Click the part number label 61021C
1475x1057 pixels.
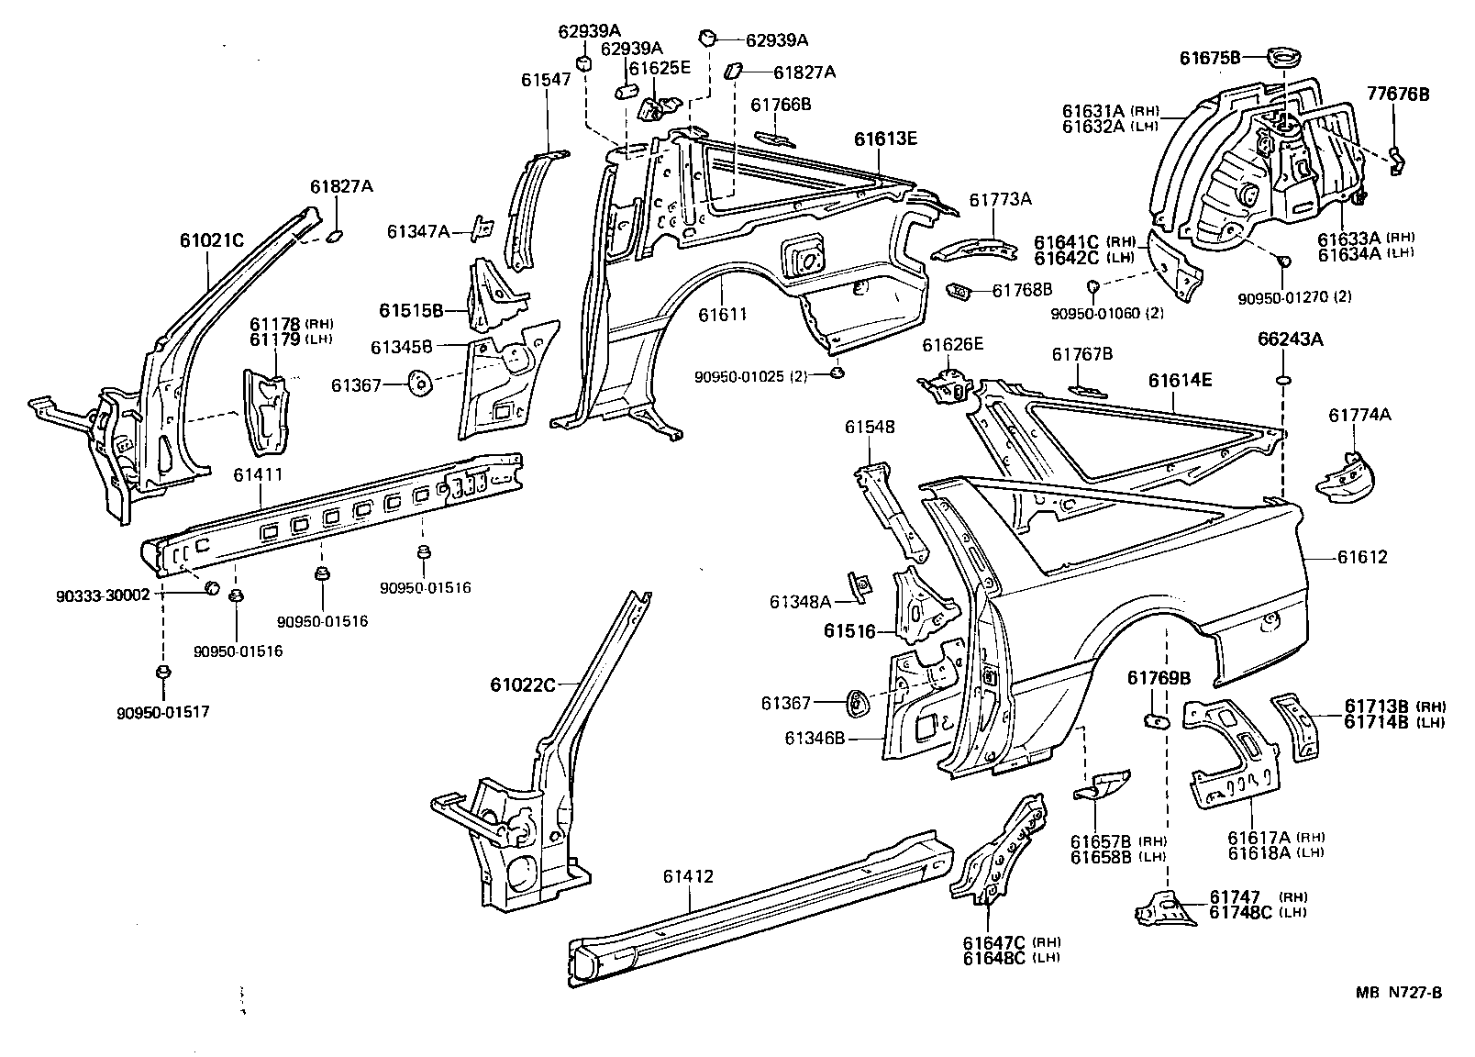[211, 241]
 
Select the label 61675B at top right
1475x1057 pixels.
[1210, 58]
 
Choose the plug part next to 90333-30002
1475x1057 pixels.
[210, 588]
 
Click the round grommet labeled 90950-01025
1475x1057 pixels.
[837, 373]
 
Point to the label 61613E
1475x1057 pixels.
[885, 139]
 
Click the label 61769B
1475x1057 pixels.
[1158, 678]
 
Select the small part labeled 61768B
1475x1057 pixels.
[959, 291]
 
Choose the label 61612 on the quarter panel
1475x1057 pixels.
[1361, 557]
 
